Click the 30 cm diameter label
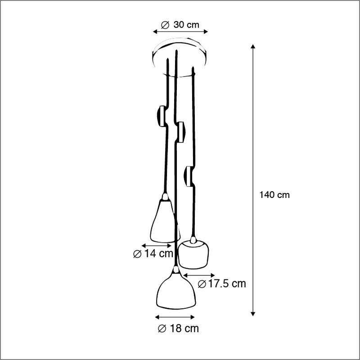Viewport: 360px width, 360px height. (180, 25)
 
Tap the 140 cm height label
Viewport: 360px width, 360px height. (274, 195)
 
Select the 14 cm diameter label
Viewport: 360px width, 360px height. (153, 254)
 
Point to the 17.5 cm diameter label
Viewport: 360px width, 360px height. (222, 284)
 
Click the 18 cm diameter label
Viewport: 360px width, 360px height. (178, 328)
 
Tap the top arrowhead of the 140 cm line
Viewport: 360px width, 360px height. (253, 46)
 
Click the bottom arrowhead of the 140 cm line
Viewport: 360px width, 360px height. (253, 314)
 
